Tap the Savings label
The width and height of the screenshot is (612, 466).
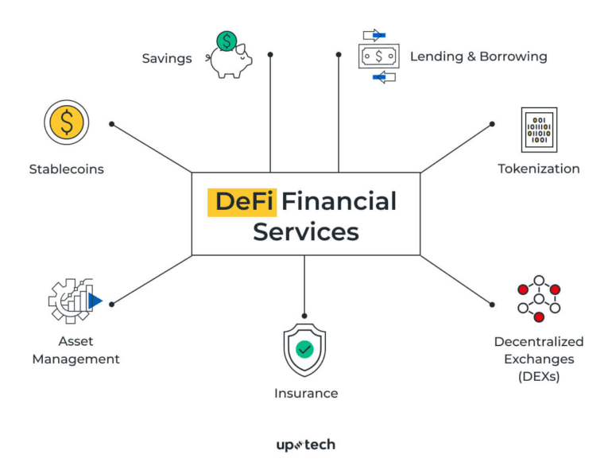point(167,58)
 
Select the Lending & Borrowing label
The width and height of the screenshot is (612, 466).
point(478,56)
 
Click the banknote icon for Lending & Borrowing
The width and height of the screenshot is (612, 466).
point(378,56)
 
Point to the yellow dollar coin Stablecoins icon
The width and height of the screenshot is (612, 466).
point(67,123)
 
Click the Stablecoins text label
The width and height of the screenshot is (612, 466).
point(67,169)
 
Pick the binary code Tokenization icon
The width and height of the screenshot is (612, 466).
point(539,130)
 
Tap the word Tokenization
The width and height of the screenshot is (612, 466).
point(539,169)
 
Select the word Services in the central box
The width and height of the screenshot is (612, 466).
point(306,231)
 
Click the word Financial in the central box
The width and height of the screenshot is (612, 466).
point(339,201)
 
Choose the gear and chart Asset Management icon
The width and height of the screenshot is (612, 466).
point(74,301)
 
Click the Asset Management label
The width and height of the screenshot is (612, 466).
point(76,350)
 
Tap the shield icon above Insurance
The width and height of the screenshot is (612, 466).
point(305,348)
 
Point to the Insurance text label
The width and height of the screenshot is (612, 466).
point(306,393)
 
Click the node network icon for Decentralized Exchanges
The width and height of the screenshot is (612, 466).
point(539,298)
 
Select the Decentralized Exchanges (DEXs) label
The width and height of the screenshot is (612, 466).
point(539,359)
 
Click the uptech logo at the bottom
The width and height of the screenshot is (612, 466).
point(306,445)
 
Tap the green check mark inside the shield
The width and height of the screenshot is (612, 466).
point(305,348)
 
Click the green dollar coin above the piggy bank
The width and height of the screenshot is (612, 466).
point(227,41)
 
